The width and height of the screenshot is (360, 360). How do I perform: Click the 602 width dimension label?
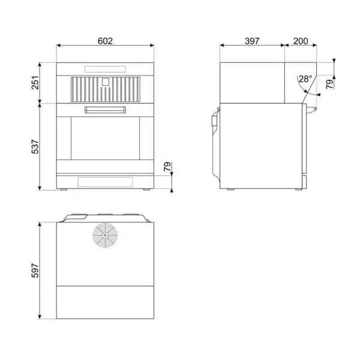[x=105, y=41]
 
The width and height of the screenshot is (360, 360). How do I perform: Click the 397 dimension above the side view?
[x=251, y=41]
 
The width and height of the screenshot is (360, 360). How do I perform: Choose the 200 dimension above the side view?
[x=301, y=41]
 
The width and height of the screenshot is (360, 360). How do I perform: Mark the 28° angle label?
[x=305, y=79]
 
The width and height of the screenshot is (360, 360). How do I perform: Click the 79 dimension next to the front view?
[x=167, y=166]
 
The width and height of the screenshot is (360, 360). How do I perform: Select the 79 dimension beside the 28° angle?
[x=329, y=83]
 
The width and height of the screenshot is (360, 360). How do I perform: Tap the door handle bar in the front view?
[x=105, y=109]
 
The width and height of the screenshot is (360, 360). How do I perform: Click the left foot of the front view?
[x=64, y=190]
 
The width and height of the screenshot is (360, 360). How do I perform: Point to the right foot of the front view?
[x=146, y=190]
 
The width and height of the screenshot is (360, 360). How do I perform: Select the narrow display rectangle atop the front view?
[x=105, y=69]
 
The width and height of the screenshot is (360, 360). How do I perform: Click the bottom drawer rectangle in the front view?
[x=105, y=182]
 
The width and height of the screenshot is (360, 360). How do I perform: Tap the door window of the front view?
[x=105, y=138]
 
